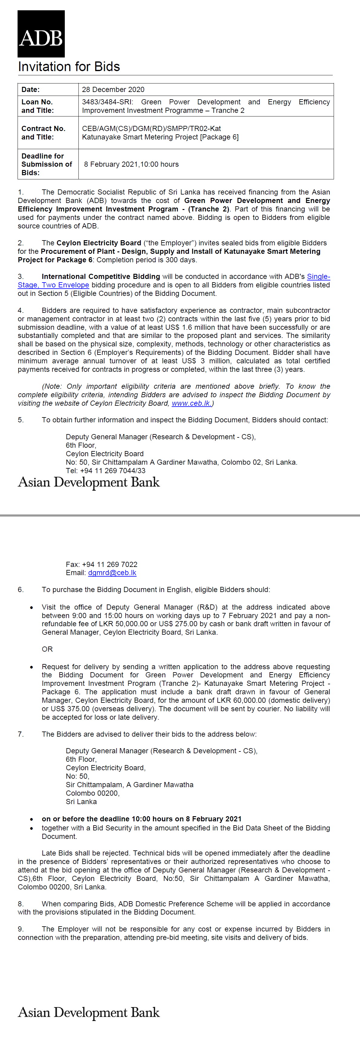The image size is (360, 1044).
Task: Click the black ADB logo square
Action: [x=41, y=34]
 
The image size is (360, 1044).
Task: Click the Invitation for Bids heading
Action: [x=69, y=67]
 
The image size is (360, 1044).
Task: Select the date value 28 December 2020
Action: [x=113, y=90]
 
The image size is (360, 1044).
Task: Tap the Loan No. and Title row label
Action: [x=37, y=106]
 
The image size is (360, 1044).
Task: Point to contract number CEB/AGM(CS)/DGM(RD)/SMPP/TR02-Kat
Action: [x=151, y=129]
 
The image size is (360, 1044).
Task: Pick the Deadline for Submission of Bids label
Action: [x=47, y=164]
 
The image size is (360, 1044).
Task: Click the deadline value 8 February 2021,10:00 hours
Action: [x=131, y=164]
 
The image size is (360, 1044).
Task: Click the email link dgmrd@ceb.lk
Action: [x=112, y=573]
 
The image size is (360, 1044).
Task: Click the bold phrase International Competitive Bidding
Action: [x=101, y=277]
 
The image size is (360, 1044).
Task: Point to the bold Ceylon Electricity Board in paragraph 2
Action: [x=98, y=243]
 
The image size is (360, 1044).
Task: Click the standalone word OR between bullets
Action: [x=47, y=649]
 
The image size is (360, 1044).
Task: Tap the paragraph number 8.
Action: [x=20, y=904]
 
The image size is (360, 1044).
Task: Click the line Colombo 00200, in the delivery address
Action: [x=92, y=793]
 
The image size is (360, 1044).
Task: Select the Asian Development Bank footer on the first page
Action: [x=89, y=482]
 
